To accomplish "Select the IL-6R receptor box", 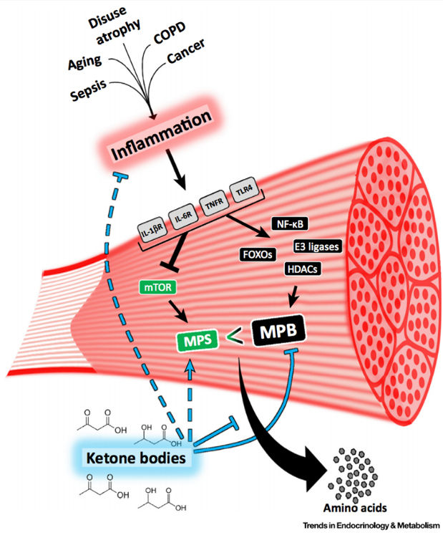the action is click(183, 216).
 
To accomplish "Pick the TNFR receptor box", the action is click(214, 203).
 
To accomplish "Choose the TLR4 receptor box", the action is click(244, 190).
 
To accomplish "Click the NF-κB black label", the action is click(290, 224).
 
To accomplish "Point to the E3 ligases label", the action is click(317, 246).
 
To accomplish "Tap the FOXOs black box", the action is click(258, 254).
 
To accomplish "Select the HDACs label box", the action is click(303, 269).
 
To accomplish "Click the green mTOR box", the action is click(158, 287).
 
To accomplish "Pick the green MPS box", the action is click(198, 340).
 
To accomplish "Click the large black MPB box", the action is click(278, 331).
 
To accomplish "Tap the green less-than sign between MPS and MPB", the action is click(235, 336).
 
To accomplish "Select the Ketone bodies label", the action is click(136, 458).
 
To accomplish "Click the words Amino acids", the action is click(355, 508).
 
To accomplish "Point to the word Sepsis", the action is click(88, 90).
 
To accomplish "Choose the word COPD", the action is click(170, 32).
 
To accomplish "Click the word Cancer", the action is click(186, 51).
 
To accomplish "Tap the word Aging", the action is click(85, 62).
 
